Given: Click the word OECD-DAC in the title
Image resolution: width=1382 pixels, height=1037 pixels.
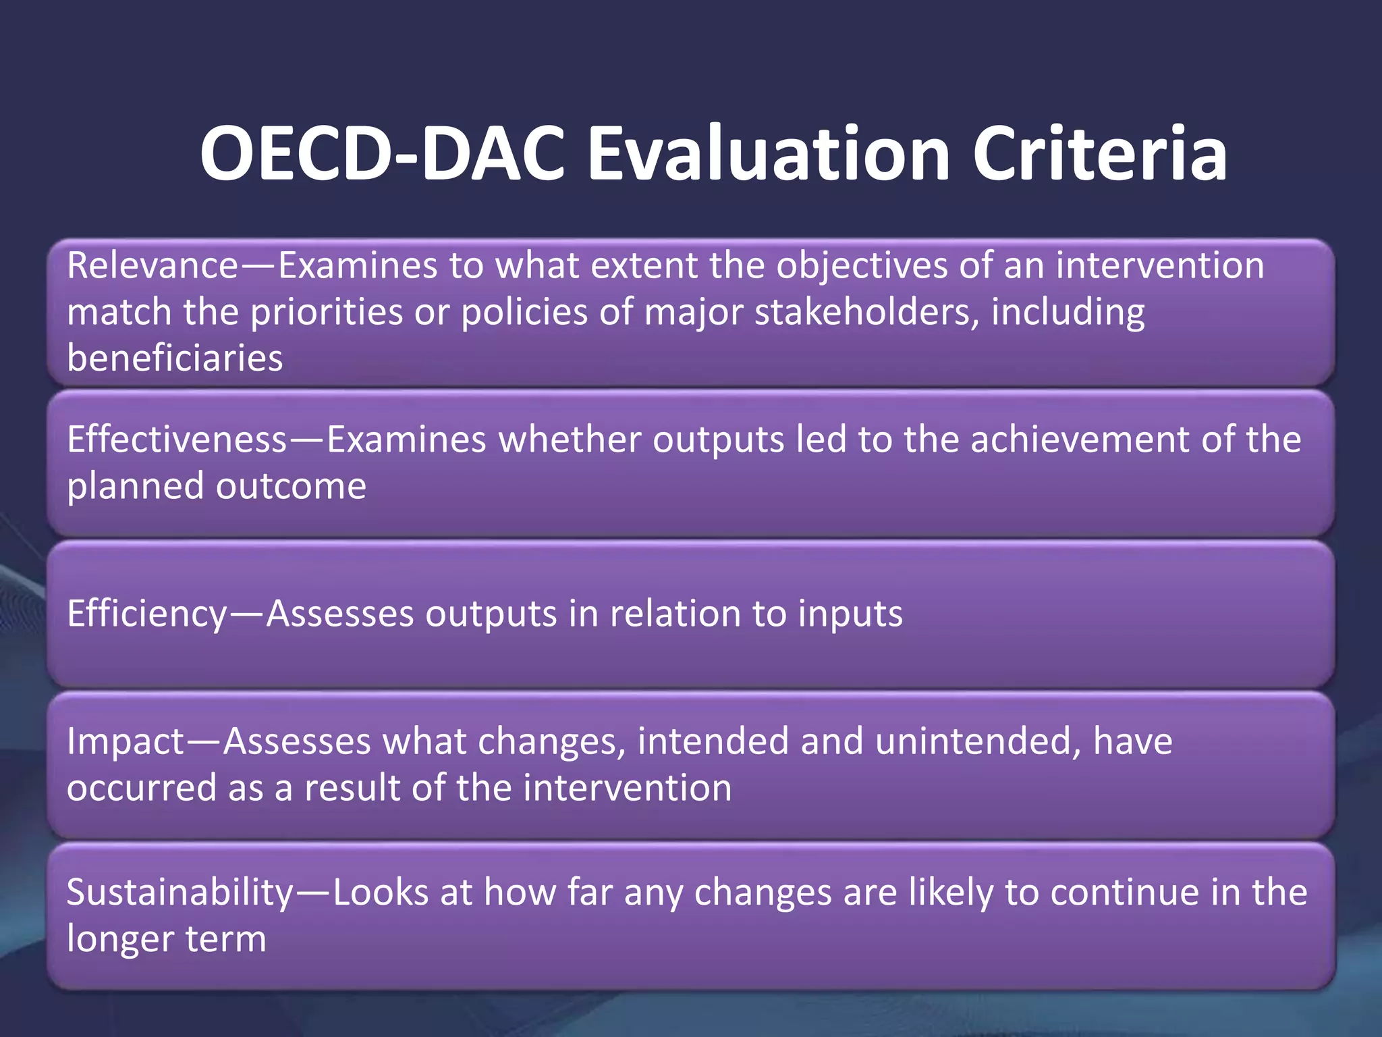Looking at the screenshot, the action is click(x=382, y=154).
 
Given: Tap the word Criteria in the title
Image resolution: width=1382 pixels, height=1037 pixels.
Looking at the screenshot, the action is click(x=1100, y=154).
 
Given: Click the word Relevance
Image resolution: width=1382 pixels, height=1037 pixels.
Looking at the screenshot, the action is click(x=153, y=265).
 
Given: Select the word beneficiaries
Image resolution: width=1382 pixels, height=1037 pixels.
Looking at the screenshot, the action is click(x=175, y=358).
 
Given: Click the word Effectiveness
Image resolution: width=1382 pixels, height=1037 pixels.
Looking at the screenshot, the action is click(x=177, y=440).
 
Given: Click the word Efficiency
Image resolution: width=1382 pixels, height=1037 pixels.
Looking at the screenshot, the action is click(x=148, y=614).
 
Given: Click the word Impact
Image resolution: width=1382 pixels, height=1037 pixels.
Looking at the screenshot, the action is click(x=126, y=741).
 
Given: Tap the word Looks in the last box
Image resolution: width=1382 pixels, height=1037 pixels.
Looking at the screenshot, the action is click(x=381, y=893).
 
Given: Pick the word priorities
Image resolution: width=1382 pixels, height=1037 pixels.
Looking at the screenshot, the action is click(x=327, y=312).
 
